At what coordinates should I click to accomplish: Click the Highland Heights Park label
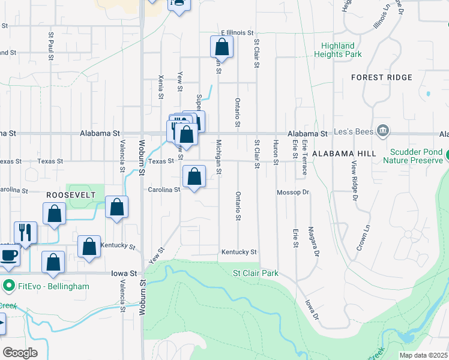tap(337, 50)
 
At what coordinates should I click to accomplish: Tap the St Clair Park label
tap(256, 273)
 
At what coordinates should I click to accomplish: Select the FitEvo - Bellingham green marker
tap(8, 286)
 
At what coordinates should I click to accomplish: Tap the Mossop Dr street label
tap(292, 193)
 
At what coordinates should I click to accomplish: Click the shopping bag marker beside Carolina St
tap(194, 177)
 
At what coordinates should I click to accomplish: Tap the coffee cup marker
tap(8, 255)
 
